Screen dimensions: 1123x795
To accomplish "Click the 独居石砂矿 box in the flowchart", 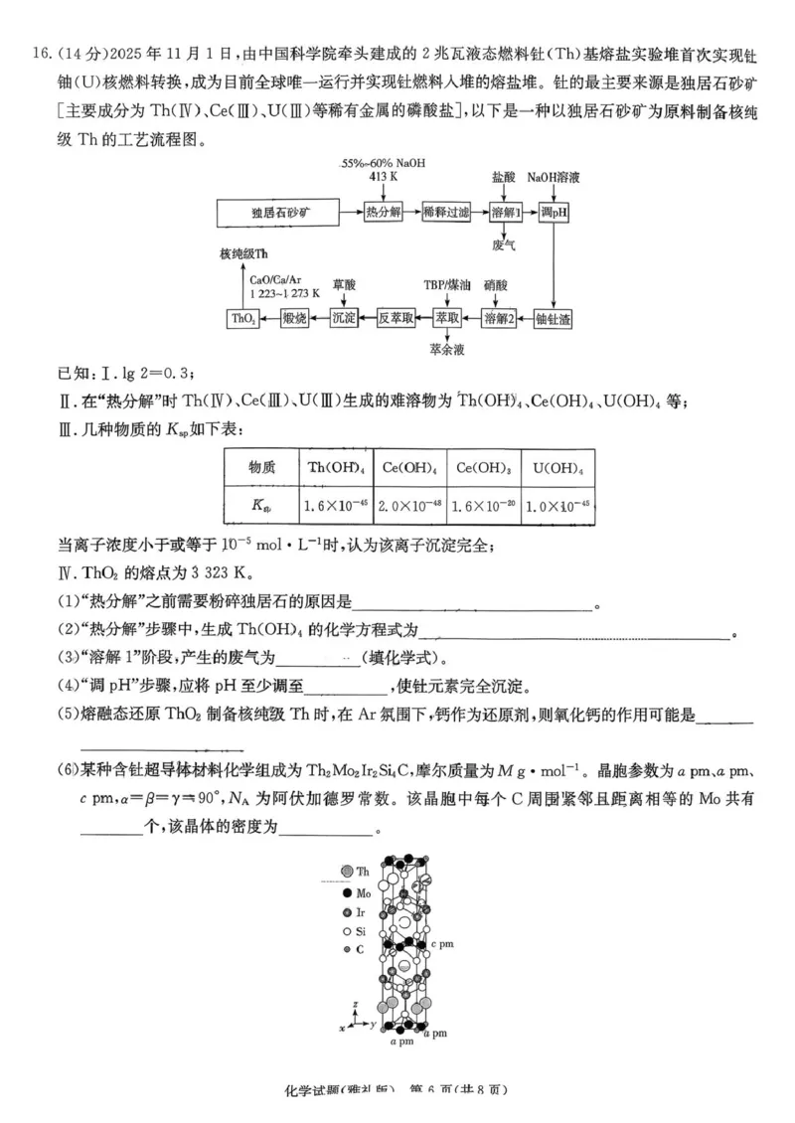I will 281,213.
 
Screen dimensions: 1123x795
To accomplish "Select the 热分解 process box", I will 383,213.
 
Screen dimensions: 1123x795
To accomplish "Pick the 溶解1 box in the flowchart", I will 506,213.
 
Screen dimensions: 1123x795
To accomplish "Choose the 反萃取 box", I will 395,318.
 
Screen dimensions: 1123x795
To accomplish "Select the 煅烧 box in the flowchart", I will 294,318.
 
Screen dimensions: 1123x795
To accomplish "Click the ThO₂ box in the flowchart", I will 243,318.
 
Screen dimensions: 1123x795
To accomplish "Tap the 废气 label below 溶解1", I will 505,243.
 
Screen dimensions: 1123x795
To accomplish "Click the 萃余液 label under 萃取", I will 447,349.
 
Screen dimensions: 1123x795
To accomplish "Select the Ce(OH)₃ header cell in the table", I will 481,467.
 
